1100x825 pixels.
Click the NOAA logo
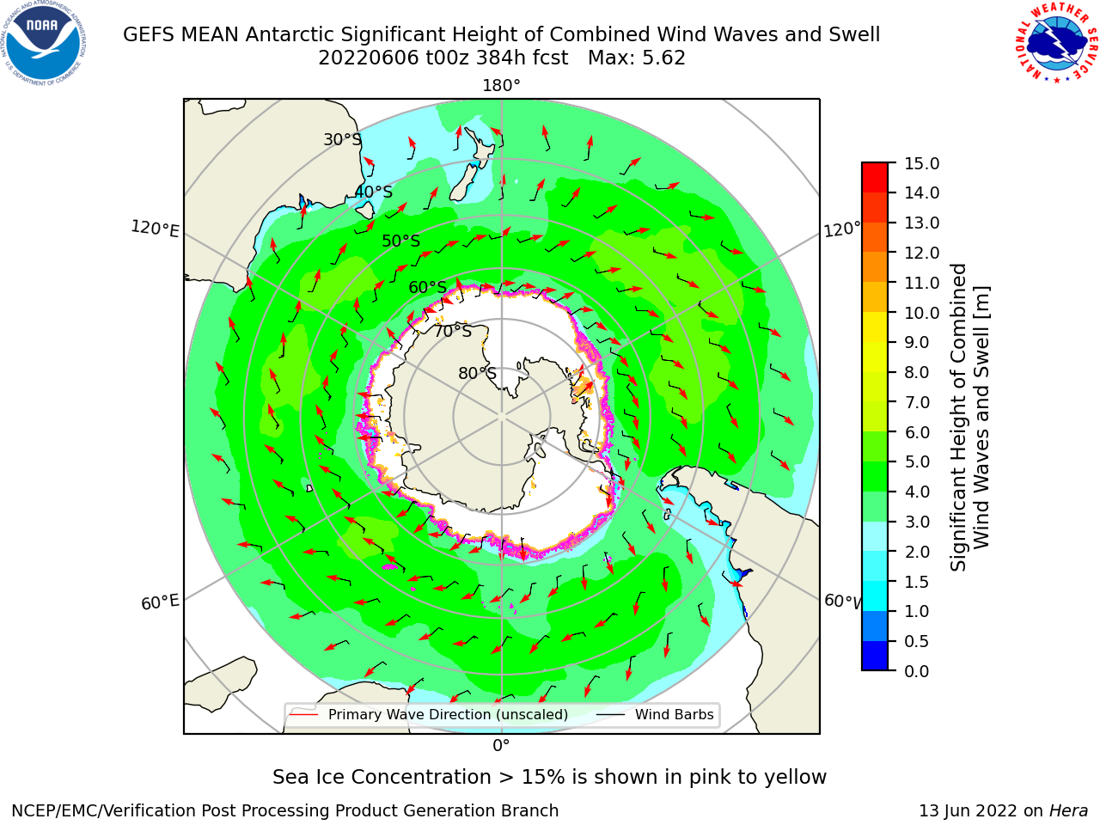(43, 44)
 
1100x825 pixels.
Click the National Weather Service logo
(1056, 42)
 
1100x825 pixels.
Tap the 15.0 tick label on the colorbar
(921, 163)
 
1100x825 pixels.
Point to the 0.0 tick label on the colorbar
(917, 670)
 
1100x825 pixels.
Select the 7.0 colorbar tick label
(917, 402)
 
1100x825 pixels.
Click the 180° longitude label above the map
(501, 86)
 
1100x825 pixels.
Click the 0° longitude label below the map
(501, 746)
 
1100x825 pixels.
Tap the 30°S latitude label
(342, 139)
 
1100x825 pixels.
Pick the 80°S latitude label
(477, 373)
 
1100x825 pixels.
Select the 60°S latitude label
(427, 287)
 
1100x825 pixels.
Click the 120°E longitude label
(155, 229)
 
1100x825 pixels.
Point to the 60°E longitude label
(160, 602)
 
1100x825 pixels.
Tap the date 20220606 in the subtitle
(369, 58)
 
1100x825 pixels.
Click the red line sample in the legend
(304, 714)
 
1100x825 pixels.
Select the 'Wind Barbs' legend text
(674, 714)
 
